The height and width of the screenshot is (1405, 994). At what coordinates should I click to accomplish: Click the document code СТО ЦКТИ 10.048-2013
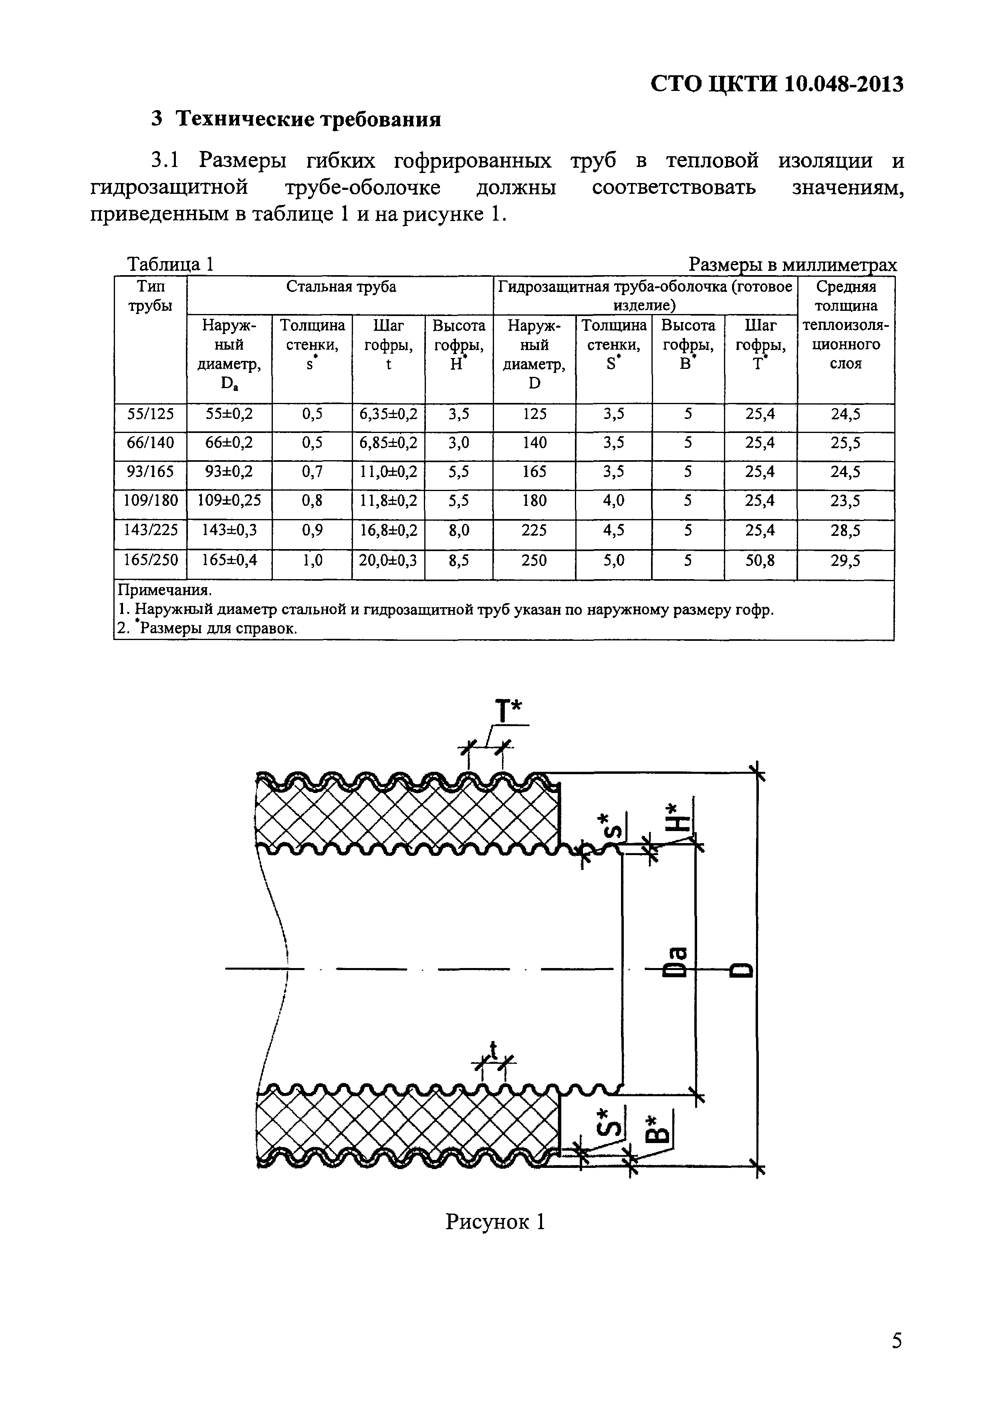(776, 83)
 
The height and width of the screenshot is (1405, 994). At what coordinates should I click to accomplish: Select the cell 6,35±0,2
(388, 414)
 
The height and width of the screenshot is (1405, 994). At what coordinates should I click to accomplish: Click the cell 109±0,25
(229, 501)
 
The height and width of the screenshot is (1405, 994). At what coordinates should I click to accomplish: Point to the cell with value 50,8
(760, 560)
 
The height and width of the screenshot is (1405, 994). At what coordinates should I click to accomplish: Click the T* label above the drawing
(508, 712)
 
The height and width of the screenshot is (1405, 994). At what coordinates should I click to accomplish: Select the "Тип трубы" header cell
(150, 296)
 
